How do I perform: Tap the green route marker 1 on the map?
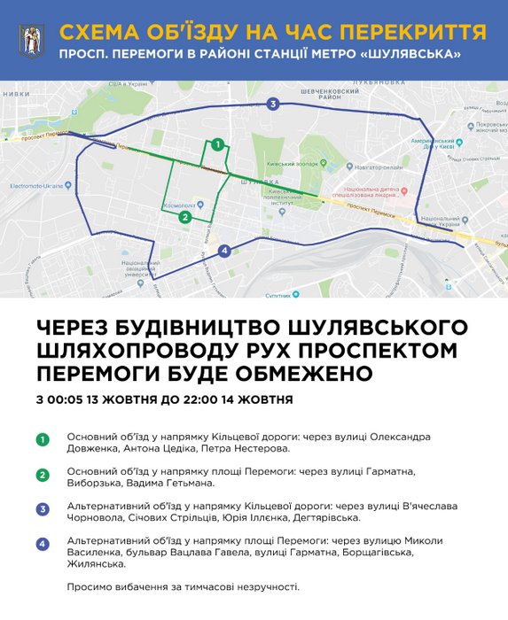pos(217,145)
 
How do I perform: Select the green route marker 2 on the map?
pos(184,217)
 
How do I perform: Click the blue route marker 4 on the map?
pos(224,251)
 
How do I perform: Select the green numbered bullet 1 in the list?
pos(42,438)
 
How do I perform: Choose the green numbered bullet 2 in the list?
pos(42,474)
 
